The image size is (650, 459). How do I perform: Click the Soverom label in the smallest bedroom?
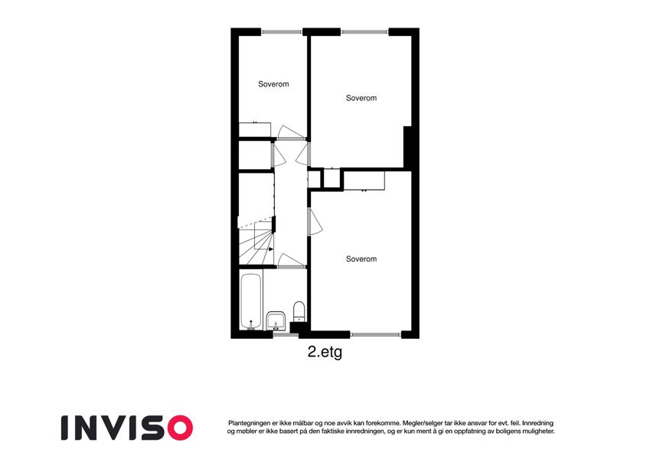(x=273, y=84)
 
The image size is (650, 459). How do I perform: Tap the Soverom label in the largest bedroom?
(x=361, y=259)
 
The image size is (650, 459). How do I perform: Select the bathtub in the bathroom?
(x=251, y=301)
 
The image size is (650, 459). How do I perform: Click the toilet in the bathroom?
(x=299, y=311)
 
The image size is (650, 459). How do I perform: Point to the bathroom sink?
(x=276, y=321)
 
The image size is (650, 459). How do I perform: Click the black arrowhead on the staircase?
(x=271, y=249)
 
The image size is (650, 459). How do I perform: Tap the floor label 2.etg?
(x=325, y=352)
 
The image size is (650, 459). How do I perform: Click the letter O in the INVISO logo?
(x=178, y=428)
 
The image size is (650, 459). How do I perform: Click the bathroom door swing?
(x=291, y=261)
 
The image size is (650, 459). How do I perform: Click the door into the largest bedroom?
(x=315, y=222)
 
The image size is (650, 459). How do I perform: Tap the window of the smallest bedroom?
(x=282, y=32)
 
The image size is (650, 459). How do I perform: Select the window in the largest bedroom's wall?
(x=376, y=334)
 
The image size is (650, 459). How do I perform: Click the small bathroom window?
(x=282, y=334)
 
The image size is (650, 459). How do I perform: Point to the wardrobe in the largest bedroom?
(x=364, y=181)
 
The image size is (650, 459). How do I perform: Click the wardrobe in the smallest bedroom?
(x=255, y=129)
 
